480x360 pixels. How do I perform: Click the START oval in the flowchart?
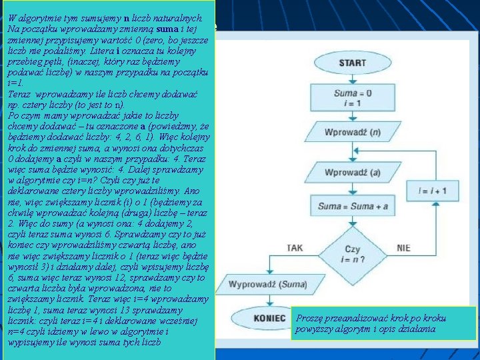(x=352, y=63)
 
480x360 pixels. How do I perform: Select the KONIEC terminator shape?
(x=270, y=319)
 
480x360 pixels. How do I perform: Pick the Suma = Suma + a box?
(x=352, y=206)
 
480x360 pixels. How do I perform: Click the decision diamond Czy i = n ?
(x=352, y=253)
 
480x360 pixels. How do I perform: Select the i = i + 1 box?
(x=433, y=191)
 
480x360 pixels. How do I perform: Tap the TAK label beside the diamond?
(x=295, y=248)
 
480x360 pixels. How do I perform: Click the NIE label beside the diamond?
(x=403, y=248)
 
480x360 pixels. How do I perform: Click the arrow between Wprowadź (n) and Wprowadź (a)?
(x=352, y=153)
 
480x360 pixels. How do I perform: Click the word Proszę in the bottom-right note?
(x=309, y=319)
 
